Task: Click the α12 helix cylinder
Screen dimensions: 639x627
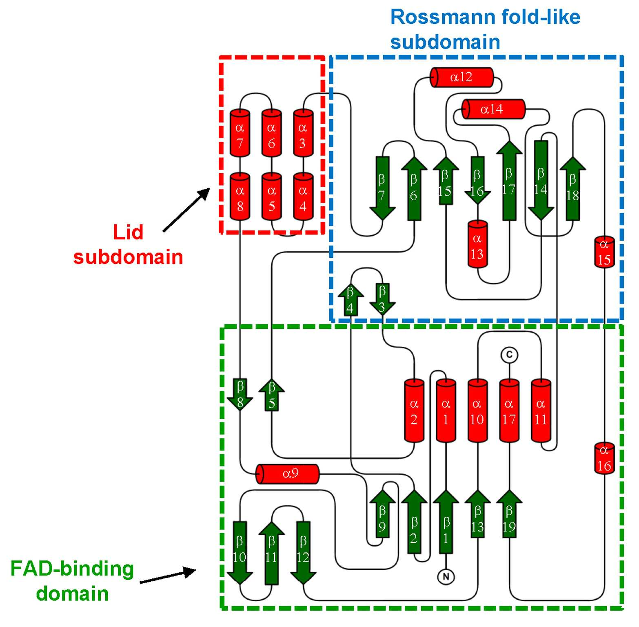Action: [461, 77]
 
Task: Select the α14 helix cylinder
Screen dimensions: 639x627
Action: [493, 109]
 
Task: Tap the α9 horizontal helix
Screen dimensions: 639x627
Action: [287, 474]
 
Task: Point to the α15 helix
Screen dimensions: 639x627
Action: [604, 251]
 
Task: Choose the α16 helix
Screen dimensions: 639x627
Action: [604, 457]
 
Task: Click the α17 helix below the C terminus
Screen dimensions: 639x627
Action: [509, 411]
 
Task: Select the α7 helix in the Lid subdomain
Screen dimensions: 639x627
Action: [240, 133]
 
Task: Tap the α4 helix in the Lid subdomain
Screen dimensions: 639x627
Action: [303, 196]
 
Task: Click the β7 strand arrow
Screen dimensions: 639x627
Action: [382, 188]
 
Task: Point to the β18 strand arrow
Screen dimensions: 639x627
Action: [572, 188]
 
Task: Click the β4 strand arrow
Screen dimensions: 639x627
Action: [351, 299]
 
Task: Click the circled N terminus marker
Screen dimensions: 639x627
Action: [446, 577]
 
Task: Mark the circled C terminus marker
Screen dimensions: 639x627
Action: [509, 355]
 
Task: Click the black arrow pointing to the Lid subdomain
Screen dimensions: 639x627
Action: [186, 210]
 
